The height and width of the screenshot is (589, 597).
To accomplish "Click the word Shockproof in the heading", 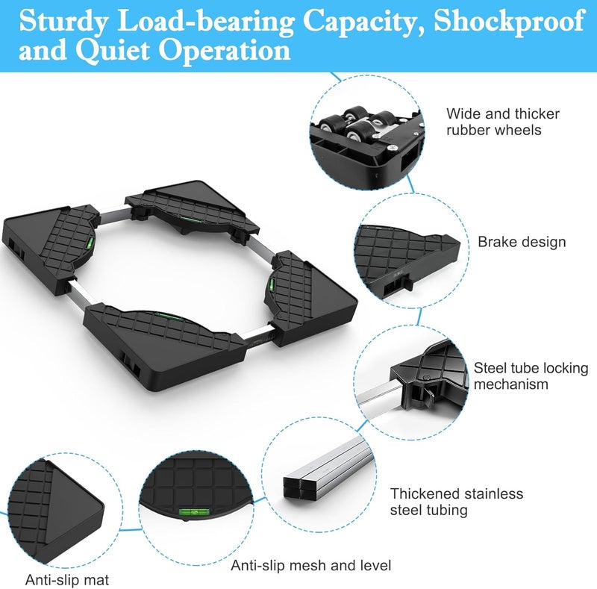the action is (509, 22).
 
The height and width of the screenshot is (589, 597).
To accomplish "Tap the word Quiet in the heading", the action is (113, 51).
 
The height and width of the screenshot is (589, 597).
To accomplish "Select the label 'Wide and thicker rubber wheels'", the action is (503, 122).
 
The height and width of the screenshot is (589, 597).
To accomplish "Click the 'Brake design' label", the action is (522, 242).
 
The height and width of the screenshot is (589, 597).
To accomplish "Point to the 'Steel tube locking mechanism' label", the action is (531, 375).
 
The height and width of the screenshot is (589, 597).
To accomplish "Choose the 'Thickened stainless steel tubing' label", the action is (457, 502).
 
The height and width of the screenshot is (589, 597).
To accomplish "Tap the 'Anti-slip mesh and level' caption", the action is (310, 565).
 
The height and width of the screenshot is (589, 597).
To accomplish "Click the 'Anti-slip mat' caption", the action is (67, 580).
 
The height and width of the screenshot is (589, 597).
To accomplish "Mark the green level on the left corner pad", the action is (90, 243).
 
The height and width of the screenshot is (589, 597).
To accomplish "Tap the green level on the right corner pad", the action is (272, 283).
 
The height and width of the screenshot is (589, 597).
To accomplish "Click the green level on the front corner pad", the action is (168, 316).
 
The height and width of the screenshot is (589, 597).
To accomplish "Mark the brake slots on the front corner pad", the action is (131, 365).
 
